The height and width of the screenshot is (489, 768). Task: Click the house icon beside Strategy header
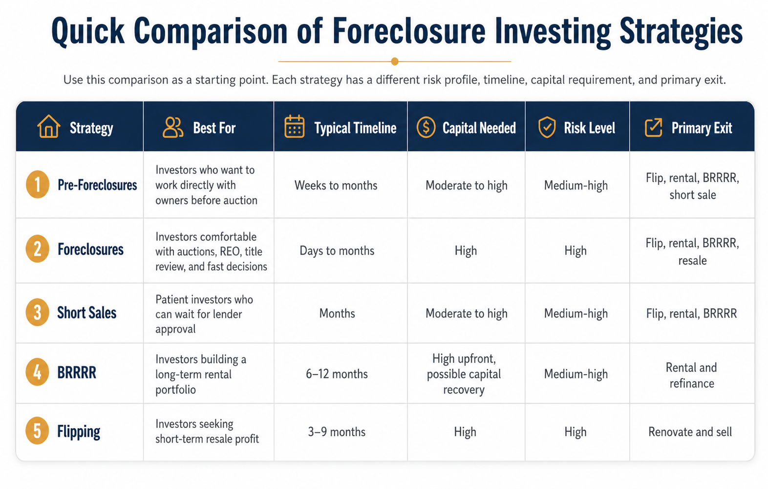pyautogui.click(x=48, y=127)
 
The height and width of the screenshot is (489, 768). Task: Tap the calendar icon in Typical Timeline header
pyautogui.click(x=294, y=127)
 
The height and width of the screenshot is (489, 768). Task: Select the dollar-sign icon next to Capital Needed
pyautogui.click(x=426, y=128)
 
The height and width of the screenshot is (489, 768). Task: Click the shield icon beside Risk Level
pyautogui.click(x=547, y=128)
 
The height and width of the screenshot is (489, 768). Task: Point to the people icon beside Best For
pyautogui.click(x=172, y=128)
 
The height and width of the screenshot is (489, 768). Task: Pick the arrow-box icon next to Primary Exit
pyautogui.click(x=653, y=128)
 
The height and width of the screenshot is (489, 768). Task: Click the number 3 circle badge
pyautogui.click(x=37, y=313)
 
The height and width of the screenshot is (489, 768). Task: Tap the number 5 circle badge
pyautogui.click(x=37, y=431)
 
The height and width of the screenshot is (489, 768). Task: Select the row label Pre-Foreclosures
pyautogui.click(x=97, y=185)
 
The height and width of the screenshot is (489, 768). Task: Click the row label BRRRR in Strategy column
pyautogui.click(x=77, y=373)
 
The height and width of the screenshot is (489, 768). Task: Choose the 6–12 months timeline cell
pyautogui.click(x=337, y=374)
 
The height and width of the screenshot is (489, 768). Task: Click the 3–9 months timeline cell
pyautogui.click(x=337, y=432)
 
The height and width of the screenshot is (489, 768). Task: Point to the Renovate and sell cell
pyautogui.click(x=690, y=432)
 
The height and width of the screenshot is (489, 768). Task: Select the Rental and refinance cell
pyautogui.click(x=691, y=375)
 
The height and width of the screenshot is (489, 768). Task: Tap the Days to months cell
pyautogui.click(x=337, y=251)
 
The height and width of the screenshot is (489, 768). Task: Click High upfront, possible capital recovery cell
pyautogui.click(x=464, y=374)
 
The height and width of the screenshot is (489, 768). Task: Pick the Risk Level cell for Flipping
pyautogui.click(x=575, y=432)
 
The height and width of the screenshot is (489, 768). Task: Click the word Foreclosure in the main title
pyautogui.click(x=409, y=31)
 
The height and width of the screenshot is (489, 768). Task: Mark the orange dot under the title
pyautogui.click(x=395, y=62)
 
